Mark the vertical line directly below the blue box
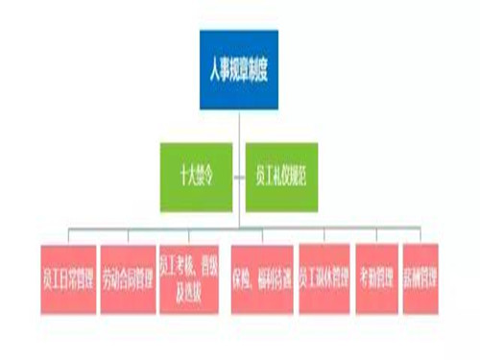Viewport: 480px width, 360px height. [239, 125]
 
